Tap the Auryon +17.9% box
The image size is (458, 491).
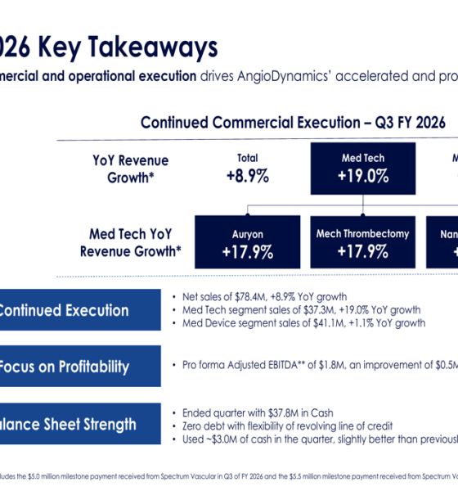(246, 242)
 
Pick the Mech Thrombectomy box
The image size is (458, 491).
(363, 242)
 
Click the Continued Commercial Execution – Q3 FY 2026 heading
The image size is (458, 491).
(293, 123)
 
